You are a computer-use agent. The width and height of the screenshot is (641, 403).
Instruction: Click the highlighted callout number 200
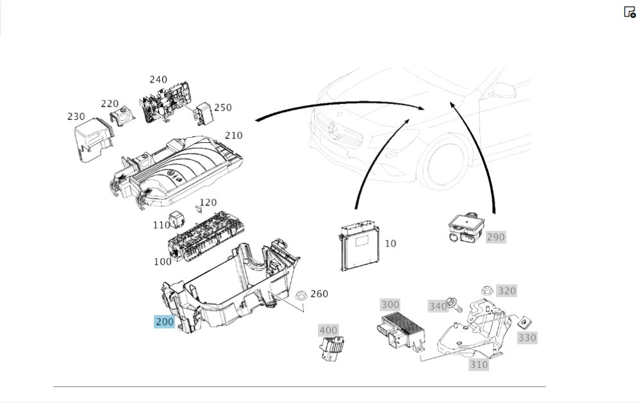click(164, 322)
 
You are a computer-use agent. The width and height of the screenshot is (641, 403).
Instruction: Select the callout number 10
click(390, 243)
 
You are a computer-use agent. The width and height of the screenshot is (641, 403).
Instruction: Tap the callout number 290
click(496, 237)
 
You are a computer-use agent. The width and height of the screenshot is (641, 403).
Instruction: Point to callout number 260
click(319, 294)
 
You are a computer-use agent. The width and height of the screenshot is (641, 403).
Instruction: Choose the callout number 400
click(328, 330)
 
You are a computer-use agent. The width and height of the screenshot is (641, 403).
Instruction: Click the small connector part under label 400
click(331, 349)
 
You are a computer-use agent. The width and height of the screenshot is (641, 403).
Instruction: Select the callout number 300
click(390, 304)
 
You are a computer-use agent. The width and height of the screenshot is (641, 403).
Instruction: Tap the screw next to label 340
click(454, 304)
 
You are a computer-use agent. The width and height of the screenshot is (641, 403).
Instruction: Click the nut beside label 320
click(487, 291)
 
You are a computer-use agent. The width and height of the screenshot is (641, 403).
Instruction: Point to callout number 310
click(479, 365)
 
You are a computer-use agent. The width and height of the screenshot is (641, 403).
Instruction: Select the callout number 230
click(76, 117)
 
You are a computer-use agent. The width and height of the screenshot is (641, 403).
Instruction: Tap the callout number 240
click(158, 79)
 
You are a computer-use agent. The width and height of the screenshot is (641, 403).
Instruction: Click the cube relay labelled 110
click(177, 220)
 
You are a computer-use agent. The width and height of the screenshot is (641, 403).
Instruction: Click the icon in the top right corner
click(629, 12)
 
